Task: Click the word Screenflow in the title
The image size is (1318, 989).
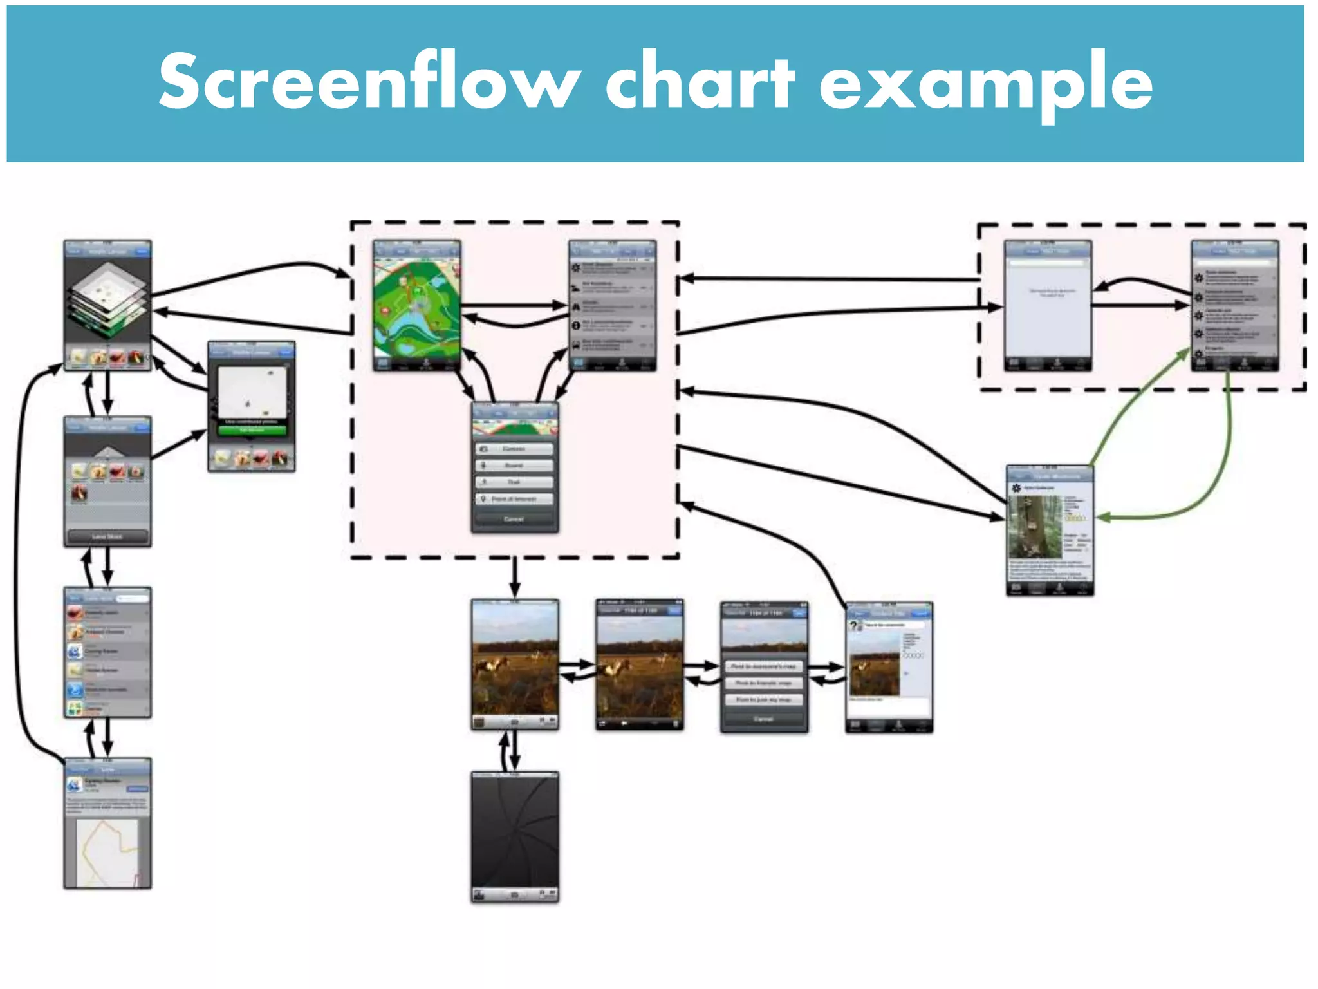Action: tap(369, 82)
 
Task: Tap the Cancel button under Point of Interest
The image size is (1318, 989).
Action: tap(514, 519)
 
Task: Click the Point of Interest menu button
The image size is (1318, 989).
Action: tap(514, 499)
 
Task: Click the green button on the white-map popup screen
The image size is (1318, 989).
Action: tap(252, 429)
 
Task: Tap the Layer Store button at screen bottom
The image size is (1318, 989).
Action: tap(107, 536)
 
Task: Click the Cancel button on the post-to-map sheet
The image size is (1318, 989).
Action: tap(764, 719)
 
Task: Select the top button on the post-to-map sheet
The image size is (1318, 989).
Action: tap(764, 666)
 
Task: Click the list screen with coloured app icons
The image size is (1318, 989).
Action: tap(107, 652)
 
